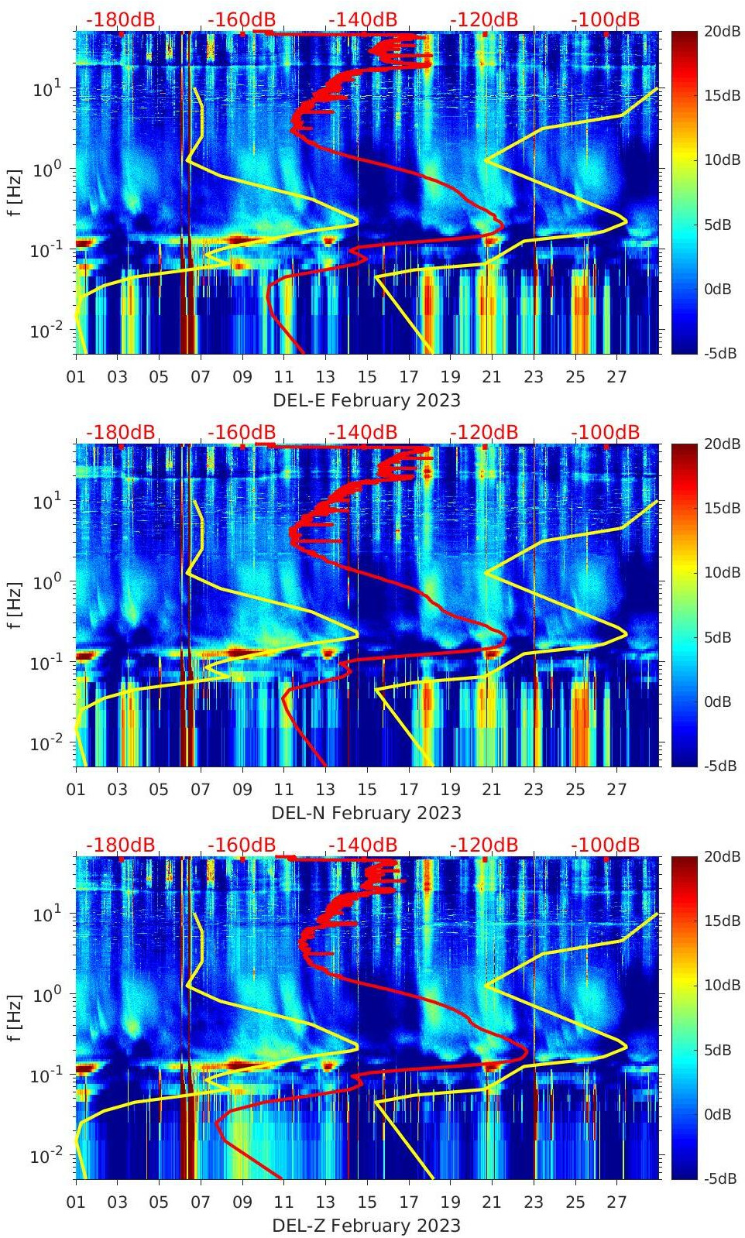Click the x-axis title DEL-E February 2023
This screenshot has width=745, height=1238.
[x=366, y=400]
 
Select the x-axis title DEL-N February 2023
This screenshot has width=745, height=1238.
[x=366, y=813]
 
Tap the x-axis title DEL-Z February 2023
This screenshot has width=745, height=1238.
[x=366, y=1226]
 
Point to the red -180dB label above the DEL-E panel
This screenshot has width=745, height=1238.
[x=120, y=19]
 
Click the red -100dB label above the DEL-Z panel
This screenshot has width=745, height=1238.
[x=605, y=845]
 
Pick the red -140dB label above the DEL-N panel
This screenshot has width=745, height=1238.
[x=362, y=432]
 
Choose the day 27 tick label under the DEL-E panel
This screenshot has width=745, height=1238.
[x=616, y=377]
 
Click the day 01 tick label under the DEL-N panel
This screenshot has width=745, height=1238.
[x=76, y=790]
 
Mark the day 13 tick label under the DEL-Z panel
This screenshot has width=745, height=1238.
[x=325, y=1202]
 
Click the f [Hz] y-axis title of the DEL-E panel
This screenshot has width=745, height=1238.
[x=15, y=192]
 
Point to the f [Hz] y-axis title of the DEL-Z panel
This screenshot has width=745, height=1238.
[x=15, y=1017]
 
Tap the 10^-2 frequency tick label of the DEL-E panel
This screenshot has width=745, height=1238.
[x=45, y=331]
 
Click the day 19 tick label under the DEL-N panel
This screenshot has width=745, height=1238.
[x=450, y=790]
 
